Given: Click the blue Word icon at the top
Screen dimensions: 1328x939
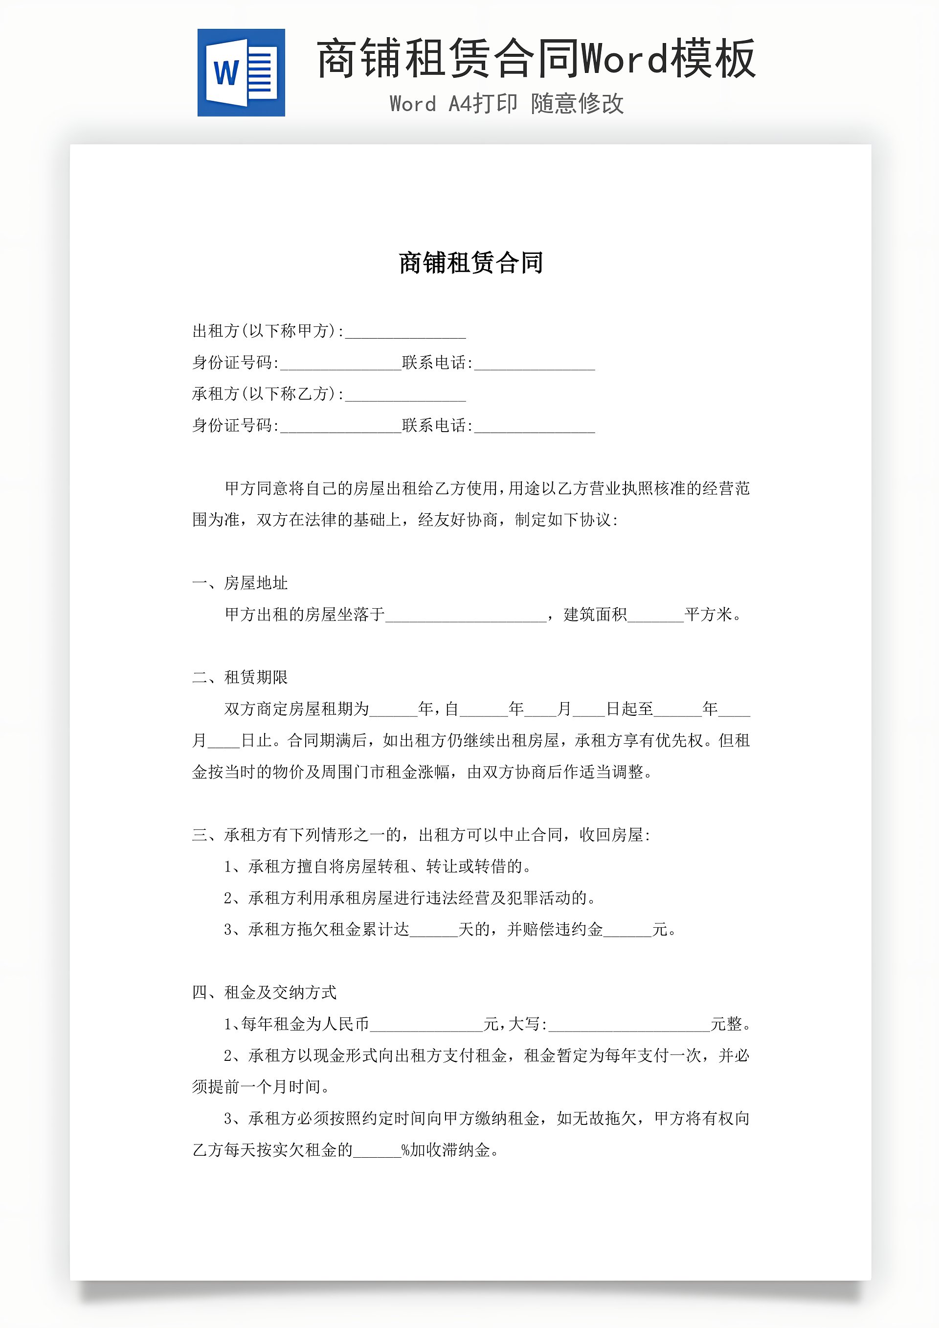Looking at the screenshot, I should pyautogui.click(x=241, y=73).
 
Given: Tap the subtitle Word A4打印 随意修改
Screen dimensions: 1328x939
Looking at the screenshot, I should pyautogui.click(x=507, y=104).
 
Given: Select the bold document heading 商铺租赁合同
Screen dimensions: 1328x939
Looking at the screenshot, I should pyautogui.click(x=470, y=263).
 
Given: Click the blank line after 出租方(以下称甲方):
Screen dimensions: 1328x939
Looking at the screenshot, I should pyautogui.click(x=405, y=333).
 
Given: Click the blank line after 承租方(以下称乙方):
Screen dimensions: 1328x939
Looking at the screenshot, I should pyautogui.click(x=405, y=396).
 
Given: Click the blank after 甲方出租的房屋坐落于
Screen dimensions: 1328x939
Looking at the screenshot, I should pyautogui.click(x=466, y=617).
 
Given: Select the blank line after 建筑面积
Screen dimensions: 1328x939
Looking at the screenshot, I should pyautogui.click(x=656, y=617).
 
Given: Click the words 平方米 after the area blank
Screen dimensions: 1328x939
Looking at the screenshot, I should pyautogui.click(x=708, y=614).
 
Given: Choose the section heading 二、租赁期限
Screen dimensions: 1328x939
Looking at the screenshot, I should pyautogui.click(x=240, y=677).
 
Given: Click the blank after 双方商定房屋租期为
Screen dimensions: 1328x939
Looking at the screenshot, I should pyautogui.click(x=393, y=711).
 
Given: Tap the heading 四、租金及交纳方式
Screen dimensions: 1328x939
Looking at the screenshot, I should pyautogui.click(x=264, y=992).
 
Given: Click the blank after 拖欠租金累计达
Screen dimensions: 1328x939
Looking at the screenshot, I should pyautogui.click(x=434, y=932).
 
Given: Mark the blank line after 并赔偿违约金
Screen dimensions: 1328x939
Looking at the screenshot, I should pyautogui.click(x=627, y=932).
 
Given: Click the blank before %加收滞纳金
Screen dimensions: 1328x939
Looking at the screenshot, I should pyautogui.click(x=377, y=1152).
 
